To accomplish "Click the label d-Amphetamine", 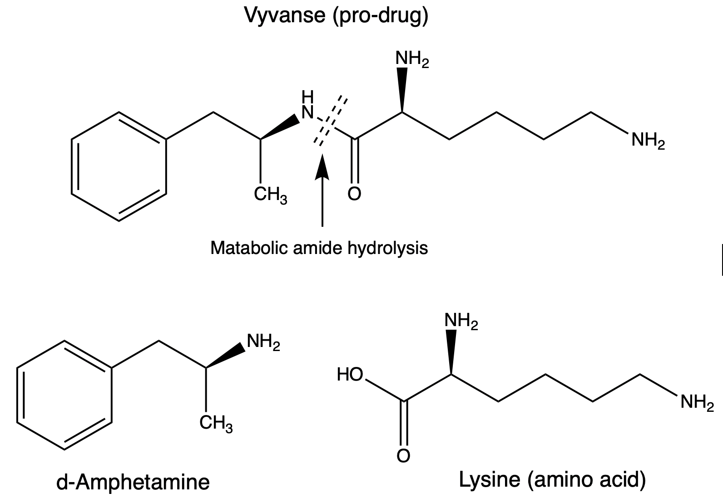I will (133, 482).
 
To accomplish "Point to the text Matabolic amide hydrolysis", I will (319, 248).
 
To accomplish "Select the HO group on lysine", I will (350, 375).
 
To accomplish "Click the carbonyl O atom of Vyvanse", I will (355, 194).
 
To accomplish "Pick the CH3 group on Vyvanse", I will (270, 196).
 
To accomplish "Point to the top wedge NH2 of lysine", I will (461, 322).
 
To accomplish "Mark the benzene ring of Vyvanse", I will (119, 166).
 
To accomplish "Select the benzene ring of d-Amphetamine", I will (64, 395).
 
